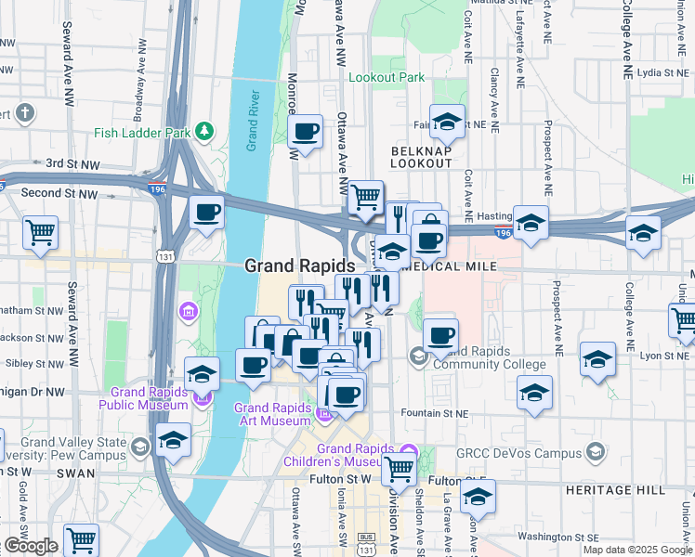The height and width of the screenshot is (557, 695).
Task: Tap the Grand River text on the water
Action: (x=252, y=121)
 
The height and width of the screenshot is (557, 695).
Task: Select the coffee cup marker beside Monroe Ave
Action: (x=304, y=132)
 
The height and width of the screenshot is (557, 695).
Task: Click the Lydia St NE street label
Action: (x=662, y=71)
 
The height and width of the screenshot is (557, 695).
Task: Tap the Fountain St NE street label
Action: (x=437, y=412)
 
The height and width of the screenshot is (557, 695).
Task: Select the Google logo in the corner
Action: (x=31, y=546)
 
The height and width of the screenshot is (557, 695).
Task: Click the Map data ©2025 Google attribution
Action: (x=636, y=550)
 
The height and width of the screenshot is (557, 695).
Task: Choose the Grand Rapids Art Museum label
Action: (x=271, y=414)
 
